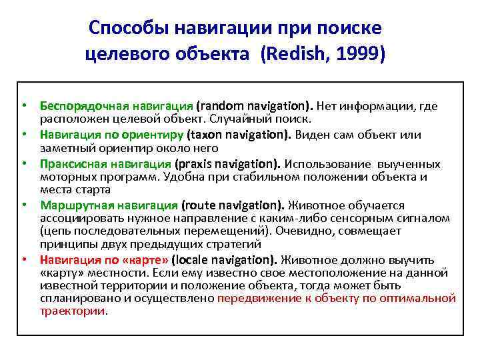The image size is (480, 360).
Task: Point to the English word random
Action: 221,106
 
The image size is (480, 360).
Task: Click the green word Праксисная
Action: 71,164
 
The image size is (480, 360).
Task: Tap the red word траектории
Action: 73,311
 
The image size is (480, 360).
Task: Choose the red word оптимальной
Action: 423,298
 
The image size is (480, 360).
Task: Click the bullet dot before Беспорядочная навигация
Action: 23,106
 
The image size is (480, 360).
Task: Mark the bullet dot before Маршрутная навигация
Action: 23,206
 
